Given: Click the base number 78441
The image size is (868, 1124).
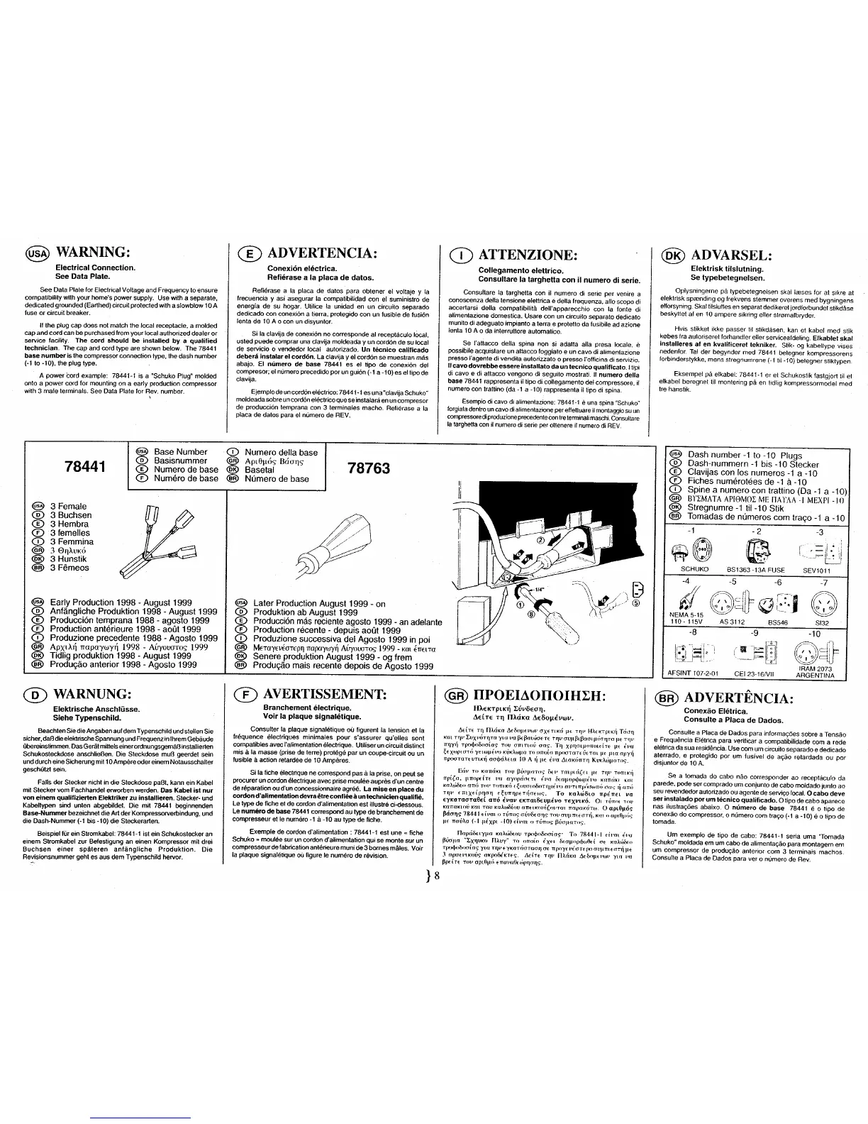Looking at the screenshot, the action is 84,467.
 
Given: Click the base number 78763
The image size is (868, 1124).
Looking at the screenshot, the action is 368,468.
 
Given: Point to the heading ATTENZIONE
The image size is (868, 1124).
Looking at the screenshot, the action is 528,255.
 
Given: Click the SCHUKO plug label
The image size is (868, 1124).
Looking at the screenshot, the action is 694,568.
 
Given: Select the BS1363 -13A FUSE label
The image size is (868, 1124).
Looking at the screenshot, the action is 756,568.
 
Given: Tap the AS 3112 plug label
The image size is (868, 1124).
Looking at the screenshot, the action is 733,621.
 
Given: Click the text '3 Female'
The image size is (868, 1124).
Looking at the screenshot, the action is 68,507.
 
